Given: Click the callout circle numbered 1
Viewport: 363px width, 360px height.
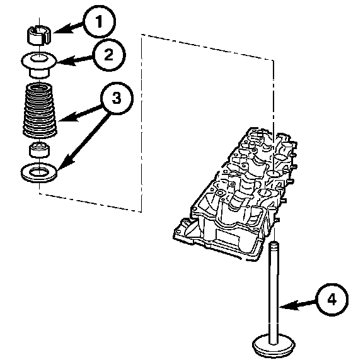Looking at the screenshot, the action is (99, 21).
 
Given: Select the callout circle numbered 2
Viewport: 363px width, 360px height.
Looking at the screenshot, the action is (109, 55).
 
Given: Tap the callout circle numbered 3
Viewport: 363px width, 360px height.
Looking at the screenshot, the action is (117, 98).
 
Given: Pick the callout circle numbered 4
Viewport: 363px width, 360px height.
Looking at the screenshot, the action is (332, 300).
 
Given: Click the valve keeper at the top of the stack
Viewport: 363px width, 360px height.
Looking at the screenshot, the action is (39, 35).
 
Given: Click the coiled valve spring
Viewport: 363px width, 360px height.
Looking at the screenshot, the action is (40, 110).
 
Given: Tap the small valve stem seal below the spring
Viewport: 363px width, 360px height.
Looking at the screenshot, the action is (39, 150).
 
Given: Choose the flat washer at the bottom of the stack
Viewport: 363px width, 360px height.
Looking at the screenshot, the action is (39, 172).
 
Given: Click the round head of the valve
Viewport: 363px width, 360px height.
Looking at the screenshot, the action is (274, 346).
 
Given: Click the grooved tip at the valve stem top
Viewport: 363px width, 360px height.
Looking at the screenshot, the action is (274, 246).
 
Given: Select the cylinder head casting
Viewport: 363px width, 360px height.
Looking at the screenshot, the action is (235, 194).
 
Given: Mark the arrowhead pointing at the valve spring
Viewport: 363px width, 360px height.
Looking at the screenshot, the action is (68, 117).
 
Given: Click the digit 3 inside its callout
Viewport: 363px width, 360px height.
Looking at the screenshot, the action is (117, 98).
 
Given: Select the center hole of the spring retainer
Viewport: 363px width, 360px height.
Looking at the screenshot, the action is (39, 58).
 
